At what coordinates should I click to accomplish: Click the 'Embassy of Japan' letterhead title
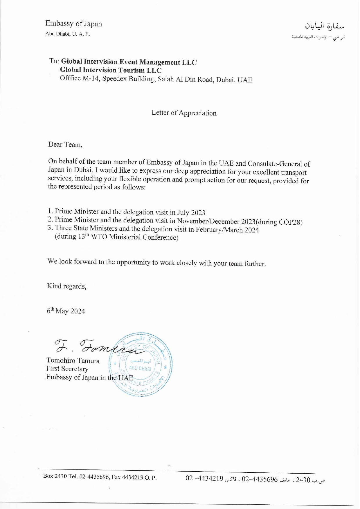[73, 24]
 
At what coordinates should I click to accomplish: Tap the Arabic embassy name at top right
[324, 26]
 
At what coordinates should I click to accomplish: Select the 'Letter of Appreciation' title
[184, 113]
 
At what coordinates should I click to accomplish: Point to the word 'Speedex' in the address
[114, 79]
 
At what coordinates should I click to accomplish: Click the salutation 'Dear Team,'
[65, 145]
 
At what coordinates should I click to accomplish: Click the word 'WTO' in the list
[99, 237]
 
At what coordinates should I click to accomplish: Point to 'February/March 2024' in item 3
[227, 230]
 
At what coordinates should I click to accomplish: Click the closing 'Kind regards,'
[67, 286]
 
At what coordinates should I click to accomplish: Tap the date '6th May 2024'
[66, 311]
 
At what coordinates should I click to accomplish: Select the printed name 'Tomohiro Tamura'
[73, 361]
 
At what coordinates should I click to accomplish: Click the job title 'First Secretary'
[67, 369]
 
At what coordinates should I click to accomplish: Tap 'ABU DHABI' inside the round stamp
[140, 369]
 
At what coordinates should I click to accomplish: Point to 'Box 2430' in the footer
[55, 476]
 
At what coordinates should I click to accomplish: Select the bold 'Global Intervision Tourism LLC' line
[111, 70]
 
